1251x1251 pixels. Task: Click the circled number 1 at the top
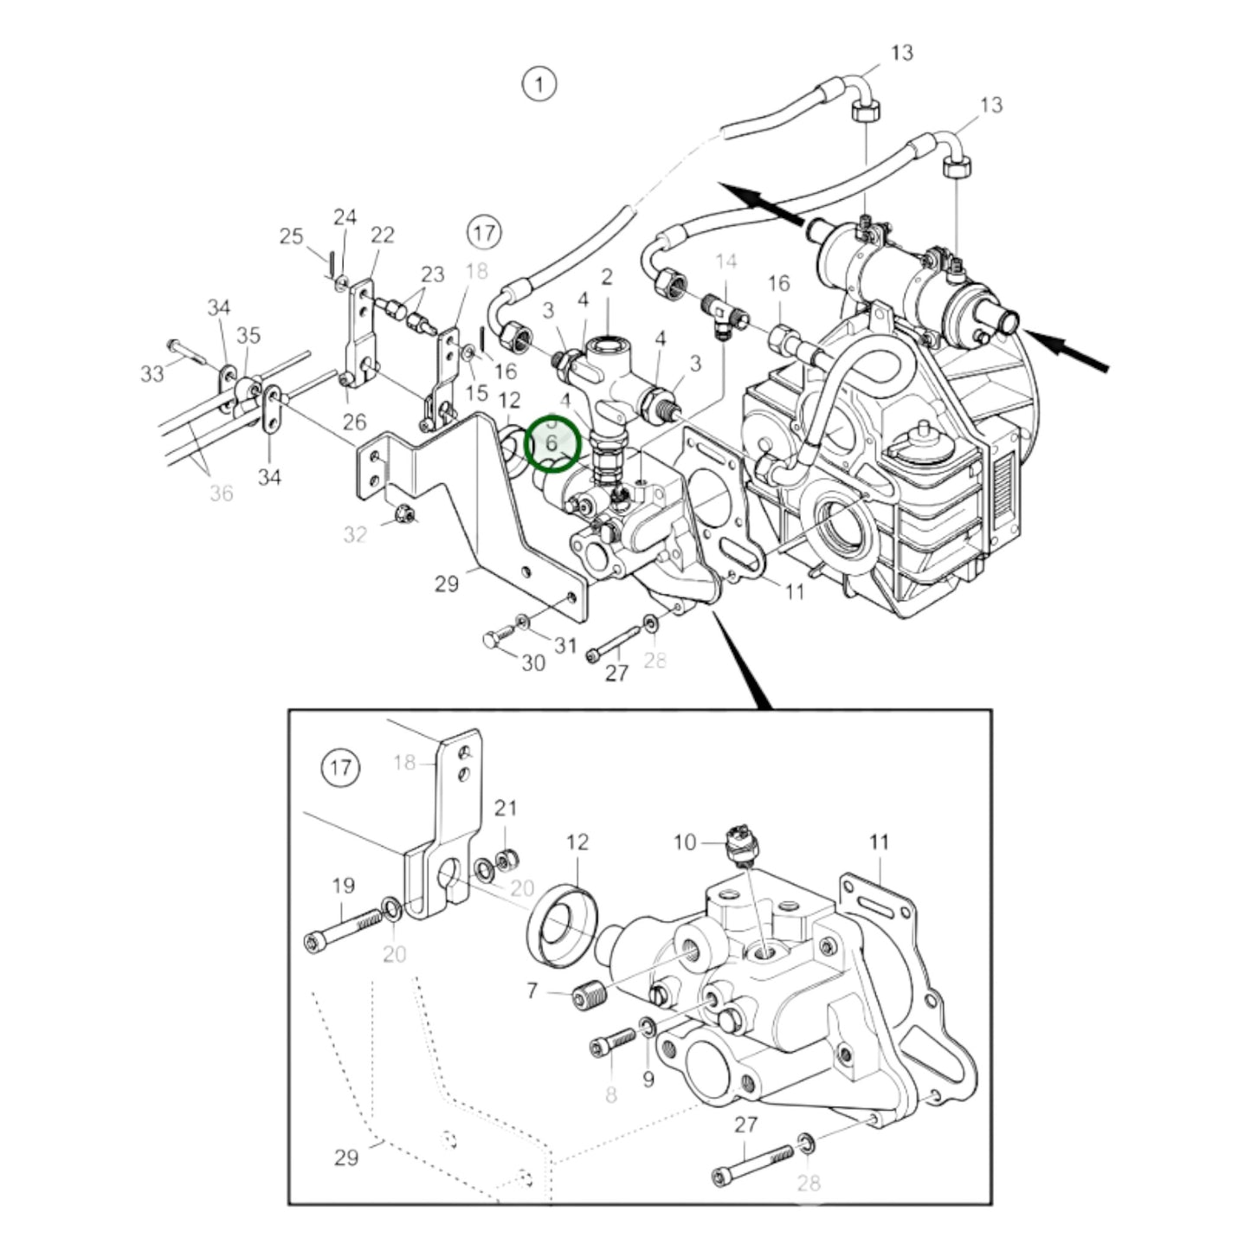click(539, 85)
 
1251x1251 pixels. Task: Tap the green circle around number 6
click(552, 443)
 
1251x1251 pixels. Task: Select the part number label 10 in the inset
click(684, 842)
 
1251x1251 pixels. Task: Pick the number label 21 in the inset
click(506, 808)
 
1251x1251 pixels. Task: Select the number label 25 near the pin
click(292, 236)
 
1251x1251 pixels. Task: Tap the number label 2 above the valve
click(607, 277)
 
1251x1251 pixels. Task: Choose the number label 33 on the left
click(152, 374)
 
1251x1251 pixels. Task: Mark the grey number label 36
click(222, 493)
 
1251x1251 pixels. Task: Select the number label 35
click(248, 335)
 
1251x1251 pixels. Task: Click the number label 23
click(432, 274)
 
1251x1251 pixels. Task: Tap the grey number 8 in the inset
click(611, 1094)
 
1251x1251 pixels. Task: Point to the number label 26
click(354, 422)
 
